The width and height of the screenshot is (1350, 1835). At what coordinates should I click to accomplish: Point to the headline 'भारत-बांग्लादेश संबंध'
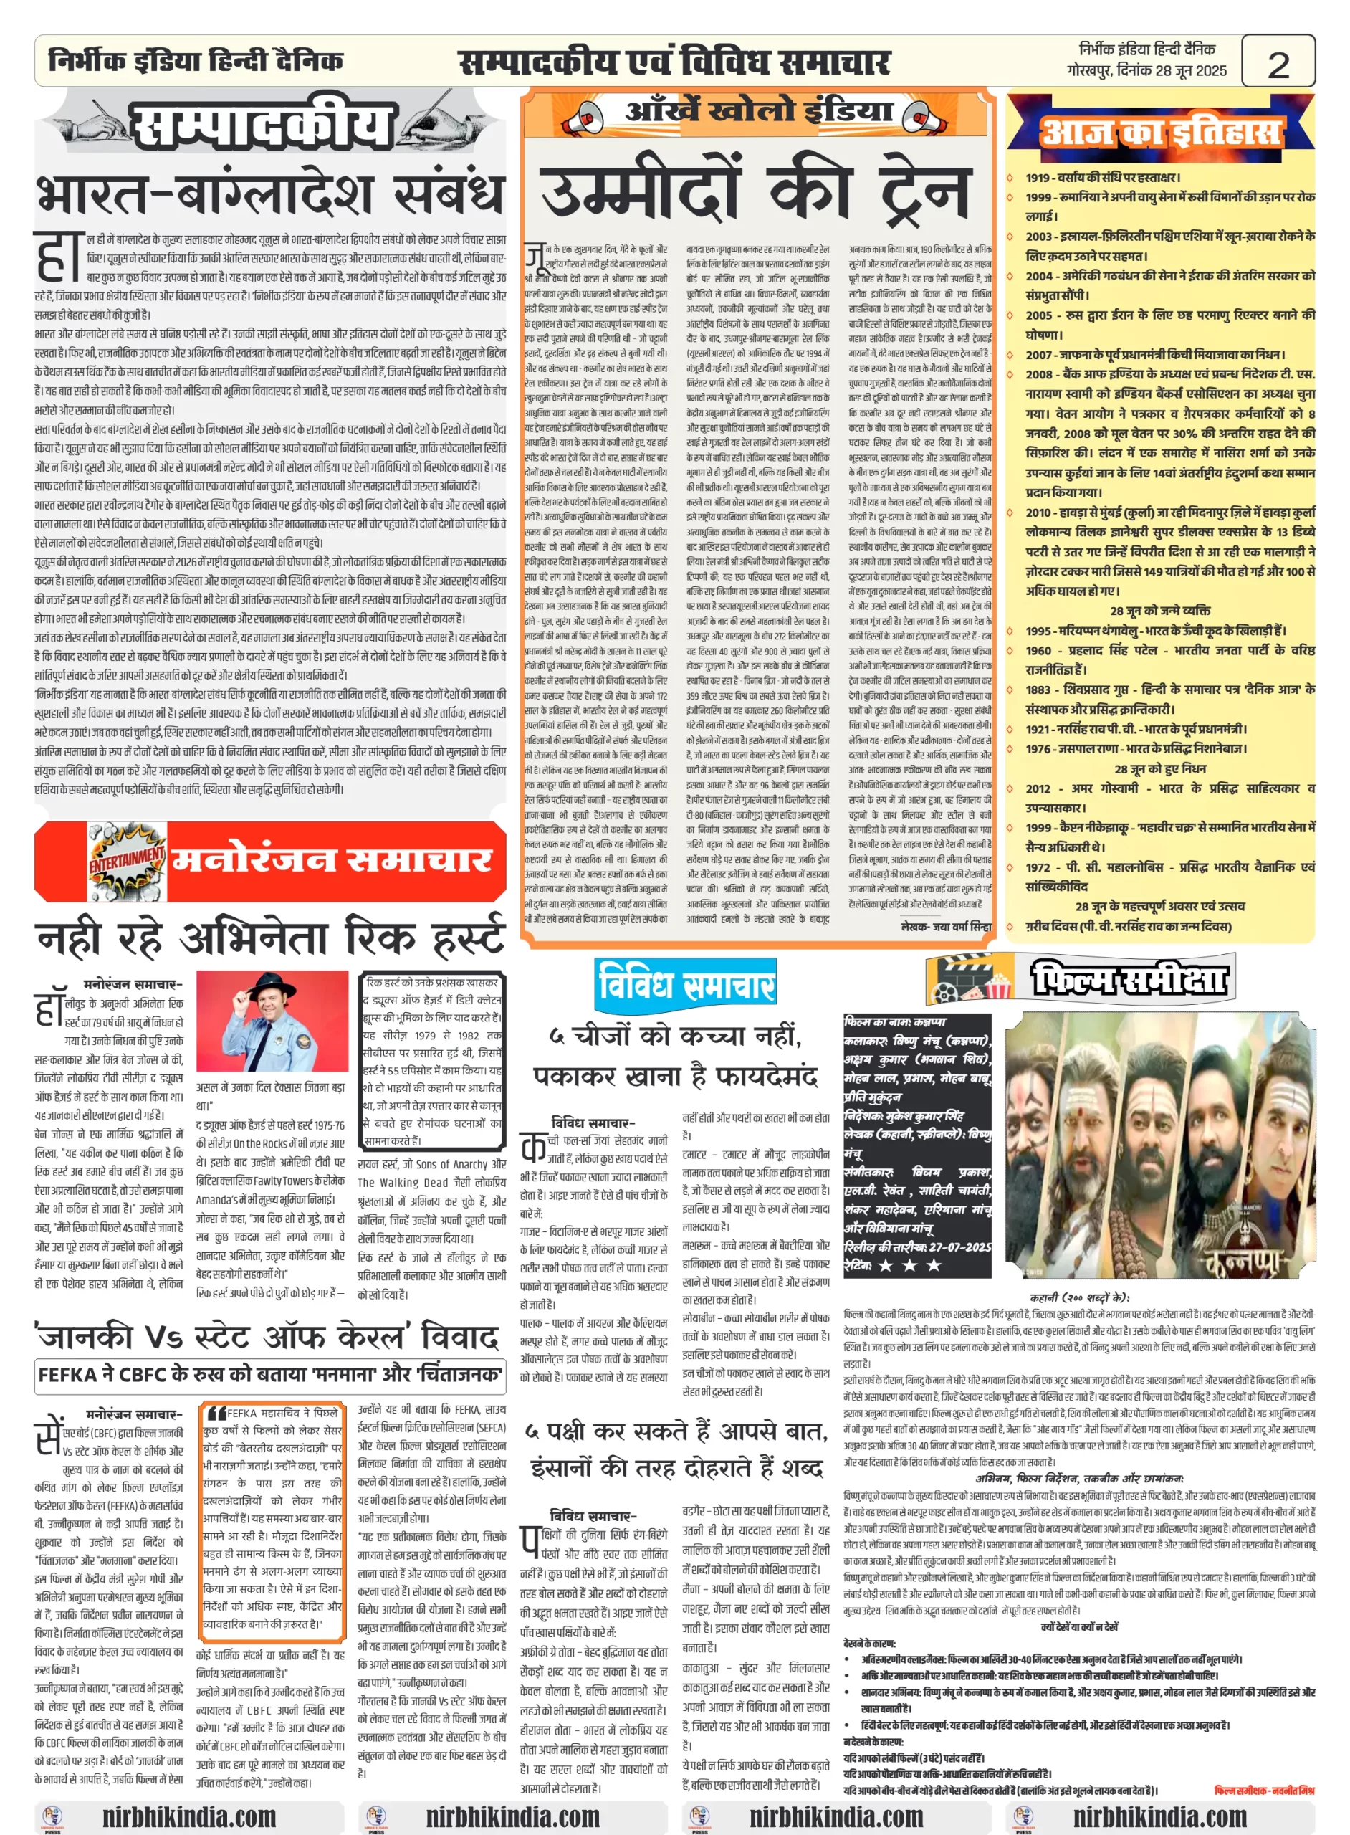(x=269, y=194)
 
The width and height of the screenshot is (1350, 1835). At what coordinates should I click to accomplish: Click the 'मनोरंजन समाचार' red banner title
(x=331, y=860)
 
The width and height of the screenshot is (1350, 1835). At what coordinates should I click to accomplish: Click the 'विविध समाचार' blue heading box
(x=685, y=983)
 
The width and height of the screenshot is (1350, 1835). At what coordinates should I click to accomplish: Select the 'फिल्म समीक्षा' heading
(x=1129, y=978)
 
